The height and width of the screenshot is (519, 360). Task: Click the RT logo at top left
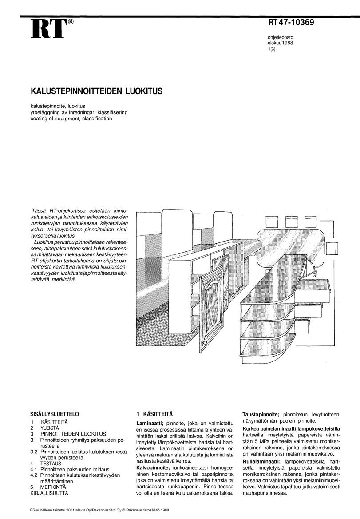coord(48,29)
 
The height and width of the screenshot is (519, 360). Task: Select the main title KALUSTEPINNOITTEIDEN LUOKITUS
coord(96,91)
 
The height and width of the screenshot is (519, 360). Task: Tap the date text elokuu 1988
coord(280,43)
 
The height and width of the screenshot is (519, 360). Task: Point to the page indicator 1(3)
coord(272,49)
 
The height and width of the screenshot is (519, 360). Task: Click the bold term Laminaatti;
coord(150,423)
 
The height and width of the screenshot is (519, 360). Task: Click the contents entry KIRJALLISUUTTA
coord(49,493)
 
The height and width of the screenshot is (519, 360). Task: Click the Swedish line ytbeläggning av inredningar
coord(79,113)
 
